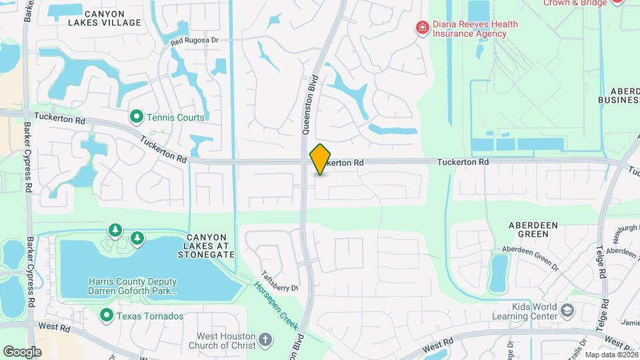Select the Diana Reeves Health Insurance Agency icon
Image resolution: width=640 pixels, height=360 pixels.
pos(421,28)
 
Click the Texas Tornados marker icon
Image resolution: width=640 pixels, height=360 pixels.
pos(107,315)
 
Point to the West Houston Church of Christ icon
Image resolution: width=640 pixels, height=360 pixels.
pos(265,340)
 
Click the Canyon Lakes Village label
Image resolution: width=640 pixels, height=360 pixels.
pos(105,17)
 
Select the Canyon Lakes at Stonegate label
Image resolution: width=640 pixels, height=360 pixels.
pos(211,245)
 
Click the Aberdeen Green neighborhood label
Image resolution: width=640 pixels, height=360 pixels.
pos(533,230)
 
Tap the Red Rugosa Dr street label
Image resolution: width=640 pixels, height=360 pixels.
pos(194,41)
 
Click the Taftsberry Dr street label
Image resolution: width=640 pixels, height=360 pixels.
pos(279,280)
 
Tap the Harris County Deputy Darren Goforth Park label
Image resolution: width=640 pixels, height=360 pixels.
pos(133,286)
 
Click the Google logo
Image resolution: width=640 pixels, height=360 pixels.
pos(22,351)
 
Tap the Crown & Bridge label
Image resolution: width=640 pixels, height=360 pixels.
pos(575,3)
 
